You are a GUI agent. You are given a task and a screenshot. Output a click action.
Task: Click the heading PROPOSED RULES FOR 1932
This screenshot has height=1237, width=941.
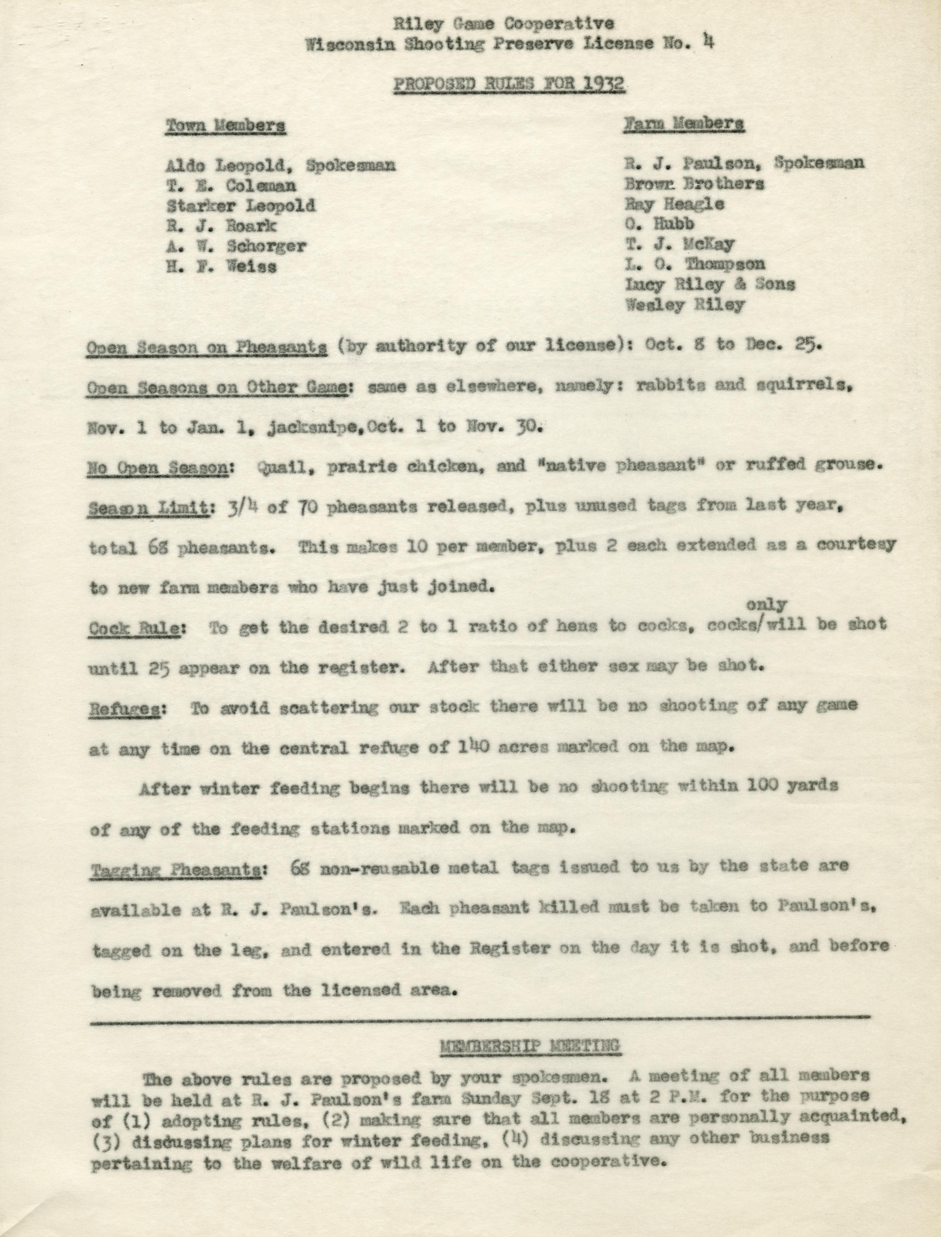[509, 84]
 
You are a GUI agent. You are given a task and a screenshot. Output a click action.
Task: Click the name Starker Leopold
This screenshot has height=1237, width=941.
[241, 206]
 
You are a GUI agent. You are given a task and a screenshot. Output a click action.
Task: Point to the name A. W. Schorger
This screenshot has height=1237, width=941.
[236, 246]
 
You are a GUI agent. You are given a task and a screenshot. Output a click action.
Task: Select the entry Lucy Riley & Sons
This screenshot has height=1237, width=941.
[710, 284]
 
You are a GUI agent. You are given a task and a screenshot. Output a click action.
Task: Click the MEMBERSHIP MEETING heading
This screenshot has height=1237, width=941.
[529, 1045]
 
